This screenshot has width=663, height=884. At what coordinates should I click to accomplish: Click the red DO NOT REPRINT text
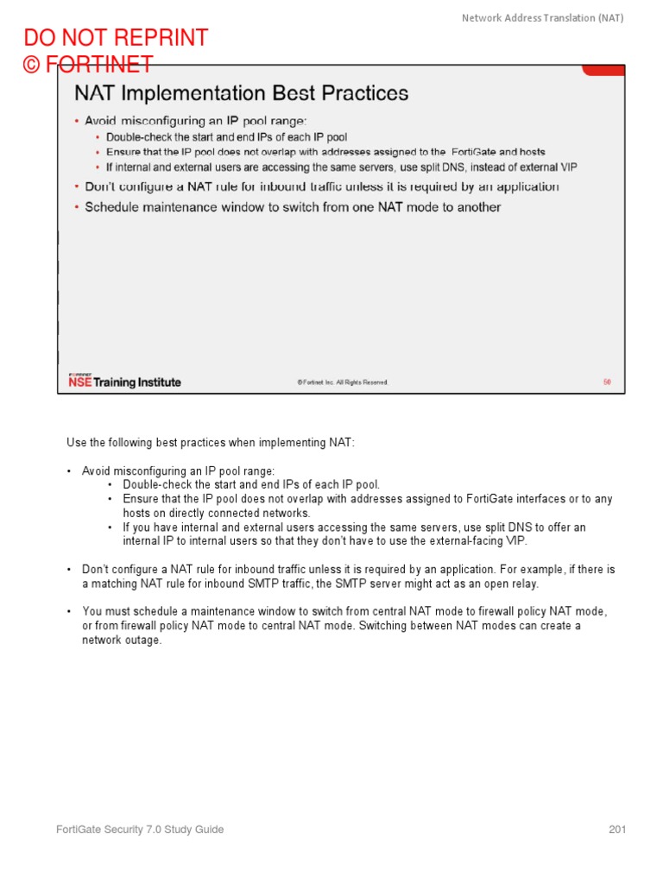116,38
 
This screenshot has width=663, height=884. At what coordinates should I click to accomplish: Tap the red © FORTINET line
88,65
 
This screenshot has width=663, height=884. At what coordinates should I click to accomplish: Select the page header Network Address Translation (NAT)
542,17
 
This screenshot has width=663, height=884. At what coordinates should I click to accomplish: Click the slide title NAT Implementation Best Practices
242,93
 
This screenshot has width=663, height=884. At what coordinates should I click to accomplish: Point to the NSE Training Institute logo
124,381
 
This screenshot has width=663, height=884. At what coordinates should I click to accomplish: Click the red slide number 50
607,382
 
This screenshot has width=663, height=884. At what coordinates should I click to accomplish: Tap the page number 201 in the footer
616,830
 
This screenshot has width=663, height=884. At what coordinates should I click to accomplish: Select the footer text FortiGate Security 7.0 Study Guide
140,830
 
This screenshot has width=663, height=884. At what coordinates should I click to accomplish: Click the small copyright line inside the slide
343,382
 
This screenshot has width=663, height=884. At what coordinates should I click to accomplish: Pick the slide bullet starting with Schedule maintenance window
293,207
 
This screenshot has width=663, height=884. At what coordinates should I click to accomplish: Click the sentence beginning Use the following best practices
211,443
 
